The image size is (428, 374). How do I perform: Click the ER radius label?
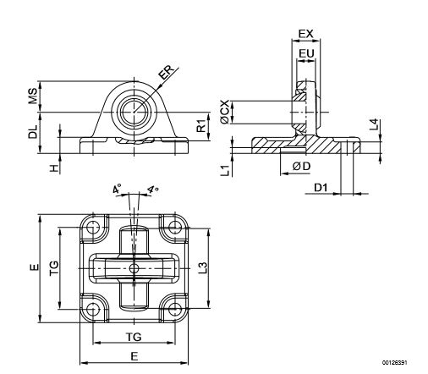click(x=166, y=72)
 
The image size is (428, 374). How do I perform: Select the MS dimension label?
click(x=33, y=96)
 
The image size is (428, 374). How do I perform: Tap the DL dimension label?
click(x=33, y=131)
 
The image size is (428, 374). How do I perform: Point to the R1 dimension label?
click(x=201, y=126)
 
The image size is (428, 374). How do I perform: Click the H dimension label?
click(x=54, y=168)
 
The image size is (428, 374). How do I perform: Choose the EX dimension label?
click(x=306, y=34)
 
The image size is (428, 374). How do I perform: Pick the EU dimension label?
click(x=306, y=53)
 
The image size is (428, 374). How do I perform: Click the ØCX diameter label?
click(x=225, y=112)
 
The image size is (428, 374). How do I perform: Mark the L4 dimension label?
click(x=375, y=124)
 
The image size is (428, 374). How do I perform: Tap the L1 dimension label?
click(x=226, y=171)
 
